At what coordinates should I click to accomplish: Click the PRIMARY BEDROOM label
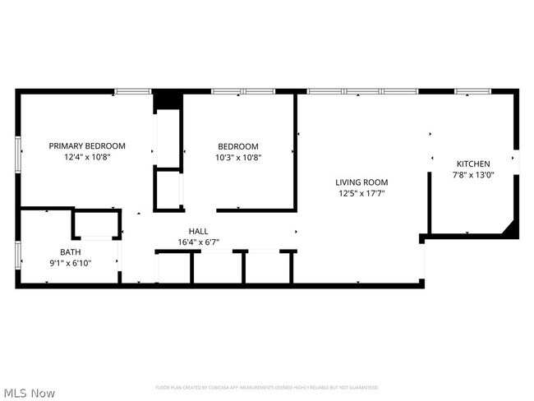(87, 145)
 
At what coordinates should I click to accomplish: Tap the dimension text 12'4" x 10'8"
(87, 156)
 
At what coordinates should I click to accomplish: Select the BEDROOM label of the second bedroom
(238, 146)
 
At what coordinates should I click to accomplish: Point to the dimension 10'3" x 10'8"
(238, 157)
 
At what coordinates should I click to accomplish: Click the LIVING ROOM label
(361, 182)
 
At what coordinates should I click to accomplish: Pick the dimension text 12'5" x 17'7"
(361, 193)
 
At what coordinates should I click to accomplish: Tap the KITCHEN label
(473, 164)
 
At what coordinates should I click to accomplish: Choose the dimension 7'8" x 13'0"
(473, 174)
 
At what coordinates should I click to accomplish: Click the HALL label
(199, 232)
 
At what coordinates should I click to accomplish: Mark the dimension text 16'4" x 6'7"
(199, 242)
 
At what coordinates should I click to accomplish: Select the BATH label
(71, 252)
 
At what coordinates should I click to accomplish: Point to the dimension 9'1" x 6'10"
(71, 263)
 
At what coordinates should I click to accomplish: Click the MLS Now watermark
(30, 393)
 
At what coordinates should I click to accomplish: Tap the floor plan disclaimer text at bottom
(267, 386)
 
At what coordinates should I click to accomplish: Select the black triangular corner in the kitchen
(512, 228)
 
